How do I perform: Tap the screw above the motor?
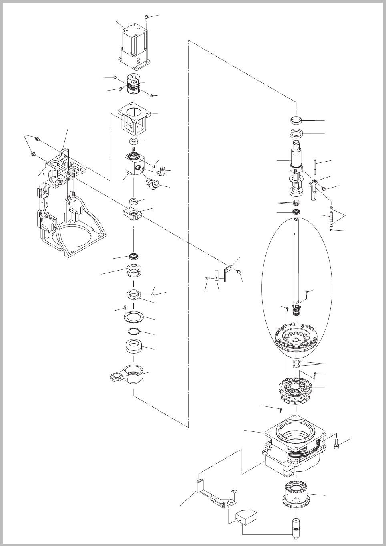147,17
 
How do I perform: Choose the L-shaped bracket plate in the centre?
227,271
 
